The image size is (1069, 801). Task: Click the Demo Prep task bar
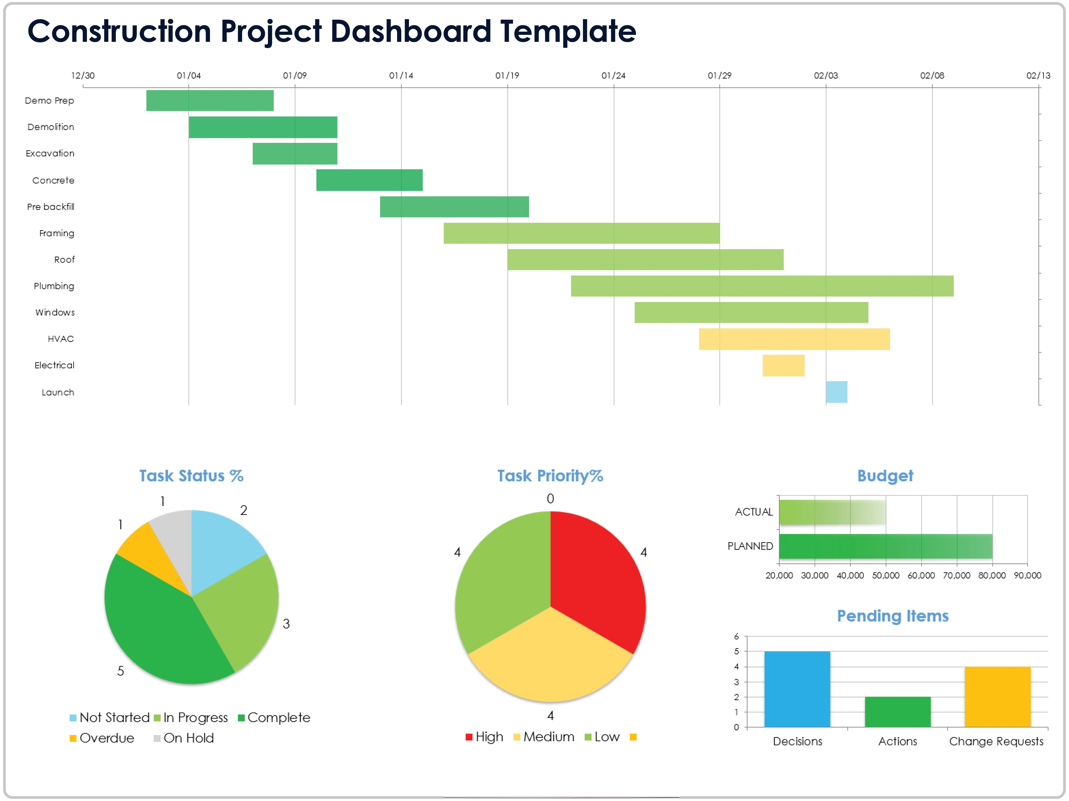[x=210, y=101]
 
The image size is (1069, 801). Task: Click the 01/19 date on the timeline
[x=507, y=75]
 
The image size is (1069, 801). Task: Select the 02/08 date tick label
[x=932, y=75]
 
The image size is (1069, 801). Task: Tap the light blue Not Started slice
[x=222, y=546]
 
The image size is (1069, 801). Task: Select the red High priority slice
[x=595, y=575]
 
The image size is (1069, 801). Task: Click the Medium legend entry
[x=544, y=737]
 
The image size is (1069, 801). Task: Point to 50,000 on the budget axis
[x=885, y=575]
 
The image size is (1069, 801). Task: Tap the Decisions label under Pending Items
[x=798, y=741]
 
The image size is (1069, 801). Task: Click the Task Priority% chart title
[x=550, y=476]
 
